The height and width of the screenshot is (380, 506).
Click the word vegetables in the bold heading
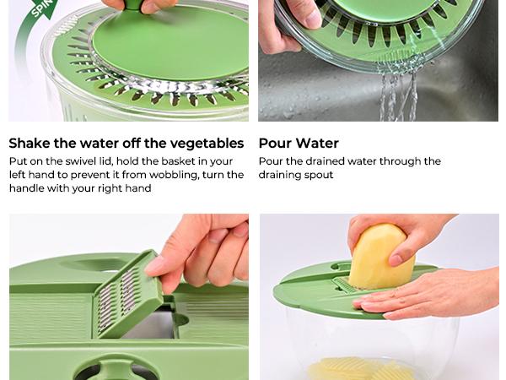(202, 144)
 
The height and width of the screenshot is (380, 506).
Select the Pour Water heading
(299, 144)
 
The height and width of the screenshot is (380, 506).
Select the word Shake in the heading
(31, 144)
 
